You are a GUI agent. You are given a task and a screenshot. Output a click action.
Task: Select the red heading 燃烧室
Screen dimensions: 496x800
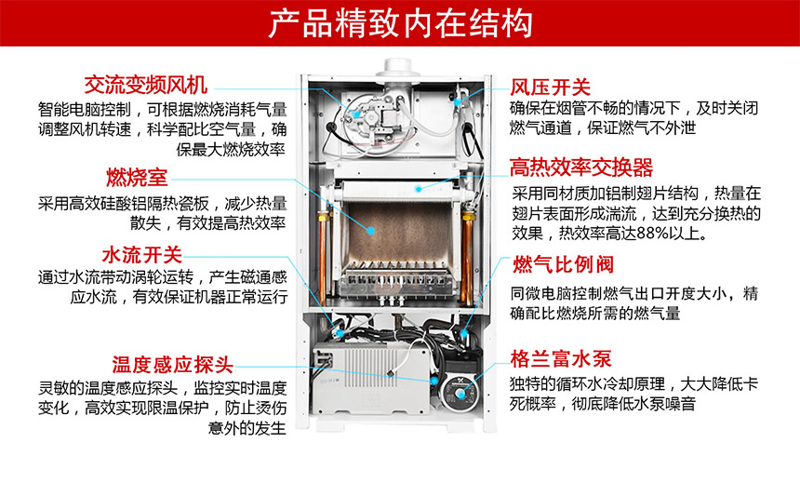point(137,177)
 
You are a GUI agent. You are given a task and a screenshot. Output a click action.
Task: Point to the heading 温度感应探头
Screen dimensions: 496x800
point(173,364)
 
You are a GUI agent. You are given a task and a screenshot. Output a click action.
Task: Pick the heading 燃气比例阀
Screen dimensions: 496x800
point(563,265)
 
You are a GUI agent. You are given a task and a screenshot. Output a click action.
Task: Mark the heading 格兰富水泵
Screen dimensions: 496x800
point(561,358)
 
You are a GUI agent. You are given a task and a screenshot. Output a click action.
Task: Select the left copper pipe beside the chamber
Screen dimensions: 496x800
point(327,237)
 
